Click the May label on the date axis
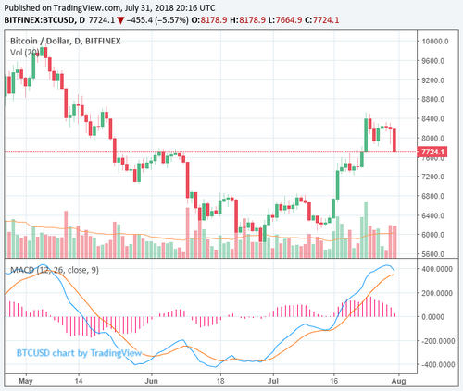pos(25,379)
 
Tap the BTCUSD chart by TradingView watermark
pos(76,352)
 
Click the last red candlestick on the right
pos(395,140)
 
